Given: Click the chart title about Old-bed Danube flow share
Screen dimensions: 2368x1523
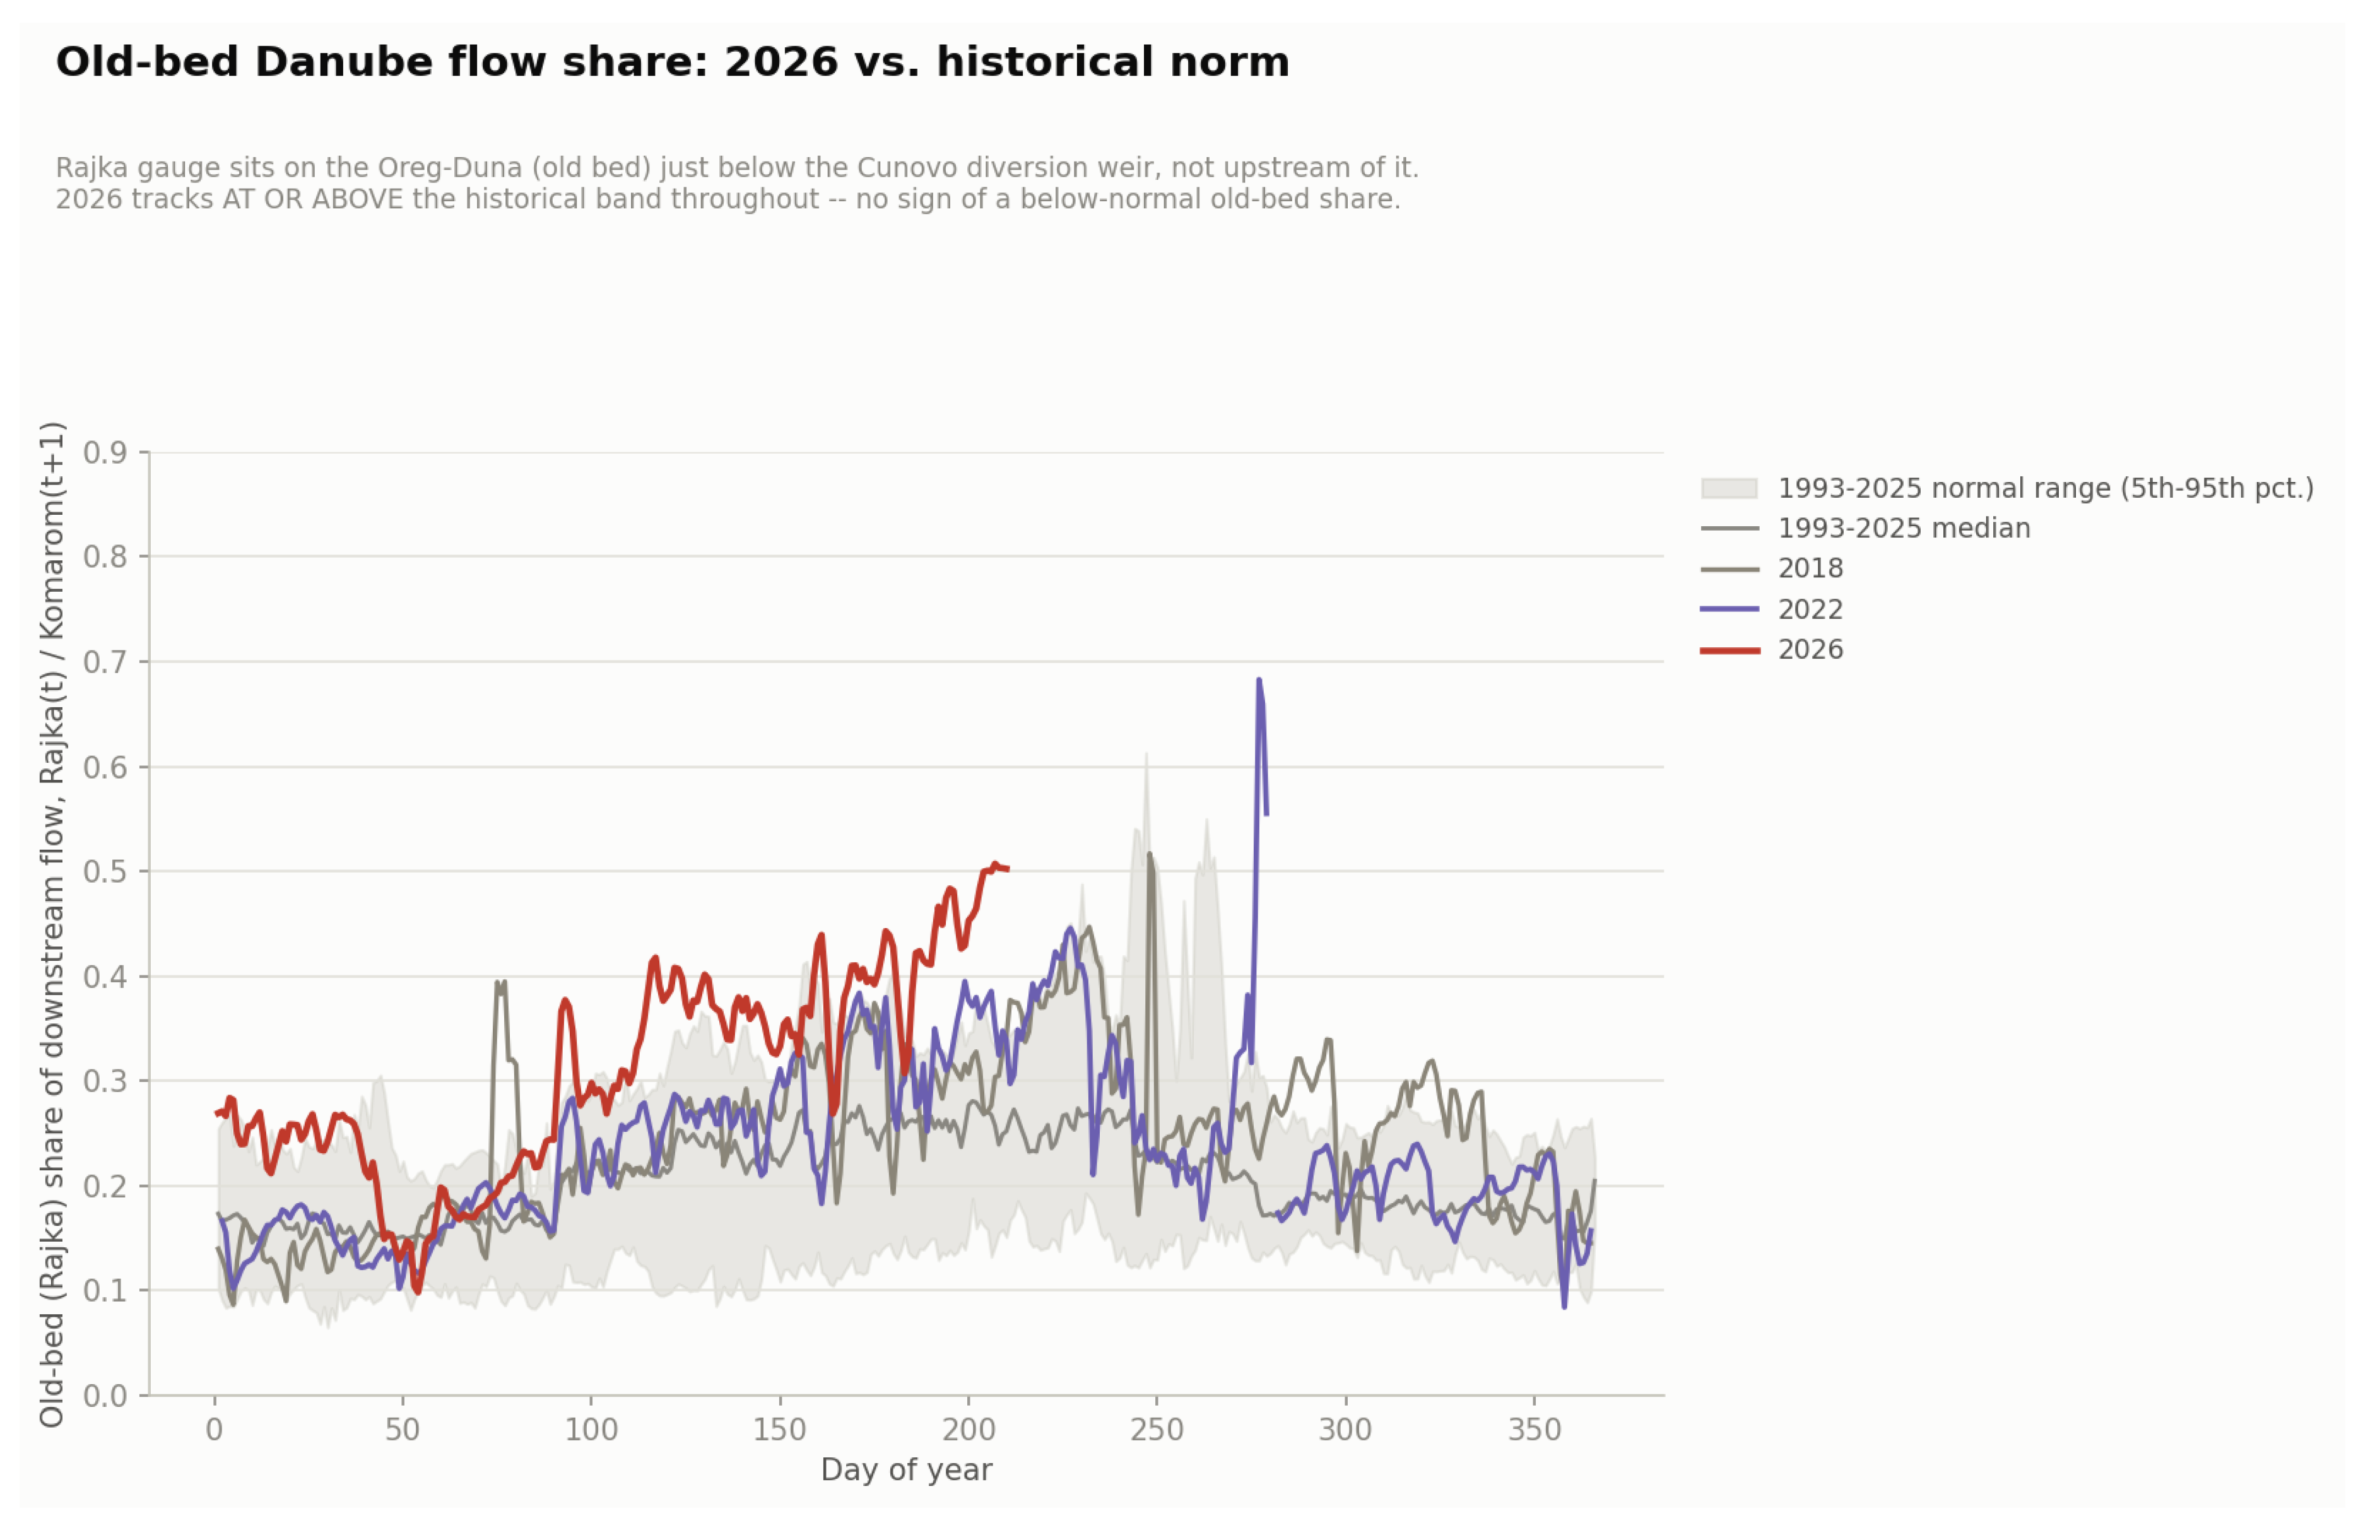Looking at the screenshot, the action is click(673, 62).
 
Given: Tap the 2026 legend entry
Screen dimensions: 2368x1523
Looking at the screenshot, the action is click(1772, 650).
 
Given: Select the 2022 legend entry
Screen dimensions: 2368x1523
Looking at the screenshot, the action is click(1772, 609).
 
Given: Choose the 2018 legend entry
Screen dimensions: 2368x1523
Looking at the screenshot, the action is click(1772, 568).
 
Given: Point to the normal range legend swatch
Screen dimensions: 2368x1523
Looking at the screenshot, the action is click(1729, 488).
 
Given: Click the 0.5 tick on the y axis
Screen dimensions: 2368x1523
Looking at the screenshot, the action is click(105, 871).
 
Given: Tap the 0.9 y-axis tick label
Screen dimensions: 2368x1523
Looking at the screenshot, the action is click(105, 453).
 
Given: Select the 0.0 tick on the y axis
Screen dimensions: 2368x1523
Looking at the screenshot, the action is click(105, 1396).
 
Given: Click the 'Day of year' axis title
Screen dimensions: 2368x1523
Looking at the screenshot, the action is click(906, 1471).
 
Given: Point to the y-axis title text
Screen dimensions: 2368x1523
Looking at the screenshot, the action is click(52, 925).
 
